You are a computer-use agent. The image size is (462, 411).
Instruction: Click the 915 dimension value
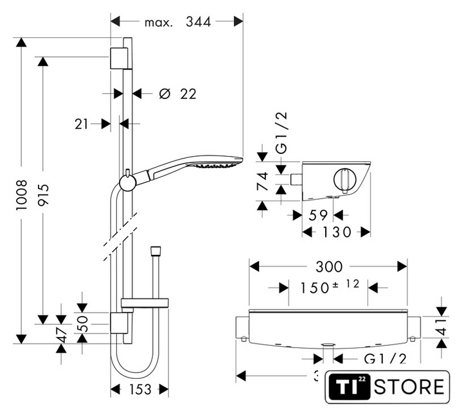tap(43, 191)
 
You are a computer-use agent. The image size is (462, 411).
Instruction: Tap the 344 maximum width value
tap(199, 22)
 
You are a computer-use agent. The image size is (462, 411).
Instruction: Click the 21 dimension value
tap(81, 124)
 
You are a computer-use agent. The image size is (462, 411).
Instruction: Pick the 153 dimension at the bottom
tap(139, 389)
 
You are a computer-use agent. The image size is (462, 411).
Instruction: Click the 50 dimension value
tap(82, 324)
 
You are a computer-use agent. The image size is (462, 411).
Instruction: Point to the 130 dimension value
tap(336, 232)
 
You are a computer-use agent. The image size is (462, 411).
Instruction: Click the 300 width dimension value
tap(328, 266)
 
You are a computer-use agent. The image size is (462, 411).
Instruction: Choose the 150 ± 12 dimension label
tap(328, 287)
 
